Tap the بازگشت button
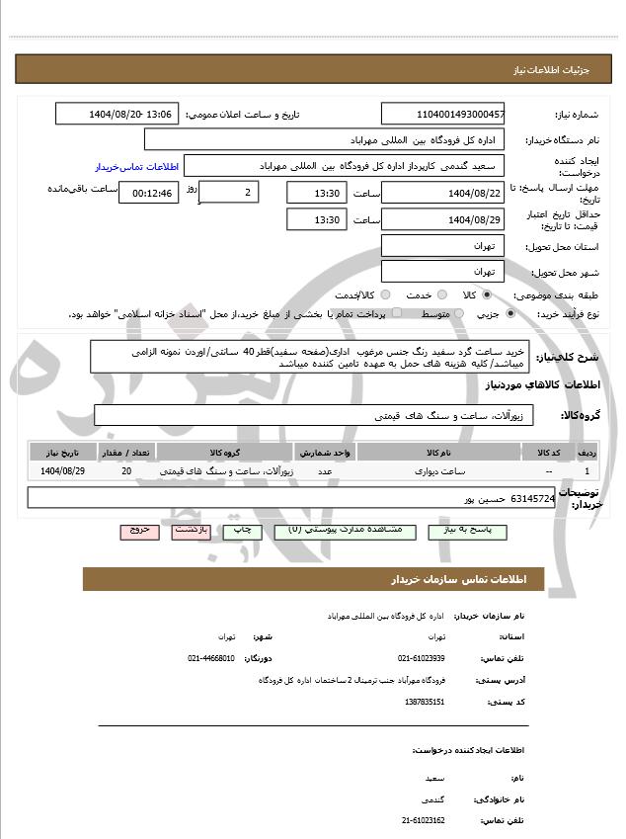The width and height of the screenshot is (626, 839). coord(192,531)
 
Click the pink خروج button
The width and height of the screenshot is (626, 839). coord(140,531)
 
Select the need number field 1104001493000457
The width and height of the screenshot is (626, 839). coord(442,115)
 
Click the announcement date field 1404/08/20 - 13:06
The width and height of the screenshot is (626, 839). coord(117,115)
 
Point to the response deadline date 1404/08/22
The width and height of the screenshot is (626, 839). coord(442,192)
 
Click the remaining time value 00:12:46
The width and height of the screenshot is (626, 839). coord(151,193)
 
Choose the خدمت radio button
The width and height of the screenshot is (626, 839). coord(440,294)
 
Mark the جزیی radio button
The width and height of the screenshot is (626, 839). coord(509,313)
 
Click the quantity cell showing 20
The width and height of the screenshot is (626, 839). coord(126,471)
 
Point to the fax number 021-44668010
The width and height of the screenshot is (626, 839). coord(211,657)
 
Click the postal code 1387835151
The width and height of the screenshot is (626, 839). coord(425,701)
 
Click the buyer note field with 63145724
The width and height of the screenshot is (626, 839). coord(291,499)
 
